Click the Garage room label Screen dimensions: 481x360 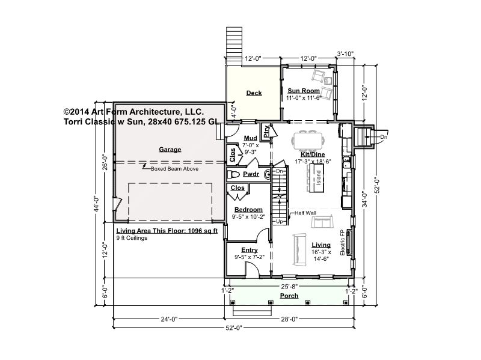click(170, 150)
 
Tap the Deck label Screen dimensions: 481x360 click(254, 93)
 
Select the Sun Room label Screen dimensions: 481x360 click(304, 91)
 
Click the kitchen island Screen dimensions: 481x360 click(317, 178)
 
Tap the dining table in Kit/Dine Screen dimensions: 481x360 click(308, 141)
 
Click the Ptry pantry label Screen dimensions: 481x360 click(266, 131)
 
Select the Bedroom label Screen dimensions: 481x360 click(248, 210)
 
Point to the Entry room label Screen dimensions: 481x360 click(250, 250)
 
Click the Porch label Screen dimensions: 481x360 click(289, 296)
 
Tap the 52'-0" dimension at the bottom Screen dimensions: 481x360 click(234, 328)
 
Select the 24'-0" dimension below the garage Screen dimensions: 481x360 click(169, 319)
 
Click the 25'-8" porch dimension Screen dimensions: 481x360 click(289, 287)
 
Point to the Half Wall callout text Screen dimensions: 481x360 click(305, 213)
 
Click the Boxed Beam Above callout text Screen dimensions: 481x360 click(174, 169)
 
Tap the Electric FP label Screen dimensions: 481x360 click(343, 242)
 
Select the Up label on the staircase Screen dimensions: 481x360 click(280, 221)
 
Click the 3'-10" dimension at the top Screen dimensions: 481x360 click(345, 53)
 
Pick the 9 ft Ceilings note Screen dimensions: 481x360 click(132, 238)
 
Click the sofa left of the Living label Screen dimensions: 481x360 click(299, 249)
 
